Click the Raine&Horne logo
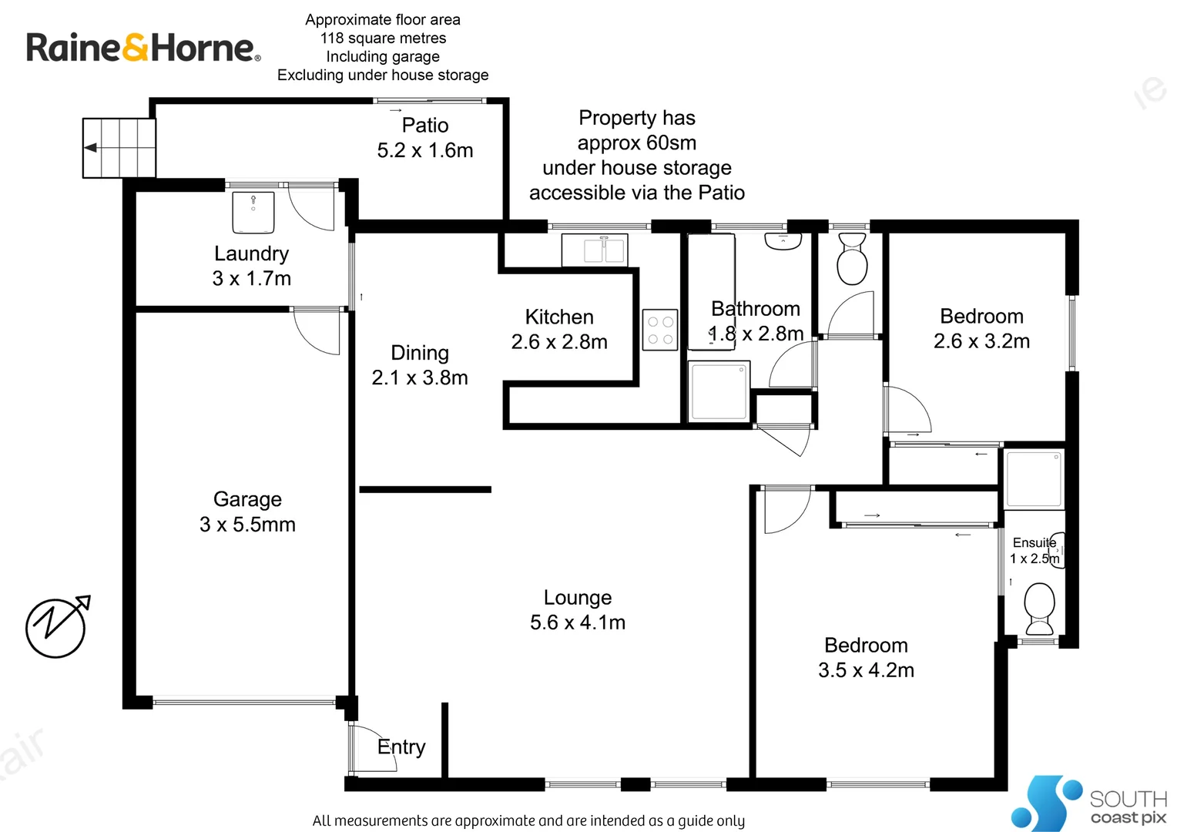pyautogui.click(x=143, y=48)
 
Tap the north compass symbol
pyautogui.click(x=56, y=626)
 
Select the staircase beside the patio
pyautogui.click(x=119, y=148)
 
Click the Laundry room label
pyautogui.click(x=251, y=253)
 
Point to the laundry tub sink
pyautogui.click(x=253, y=213)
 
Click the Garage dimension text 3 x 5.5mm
pyautogui.click(x=247, y=525)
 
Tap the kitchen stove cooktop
pyautogui.click(x=660, y=330)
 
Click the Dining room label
pyautogui.click(x=420, y=353)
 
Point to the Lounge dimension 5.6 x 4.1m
pyautogui.click(x=578, y=622)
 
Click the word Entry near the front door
pyautogui.click(x=401, y=746)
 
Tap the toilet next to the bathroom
pyautogui.click(x=852, y=260)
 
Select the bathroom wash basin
pyautogui.click(x=783, y=241)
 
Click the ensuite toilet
pyautogui.click(x=1040, y=608)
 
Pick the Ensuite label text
pyautogui.click(x=1034, y=542)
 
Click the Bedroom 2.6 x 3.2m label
pyautogui.click(x=981, y=317)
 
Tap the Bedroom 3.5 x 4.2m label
pyautogui.click(x=866, y=646)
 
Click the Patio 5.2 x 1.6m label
pyautogui.click(x=425, y=126)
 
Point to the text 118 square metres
pyautogui.click(x=383, y=38)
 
